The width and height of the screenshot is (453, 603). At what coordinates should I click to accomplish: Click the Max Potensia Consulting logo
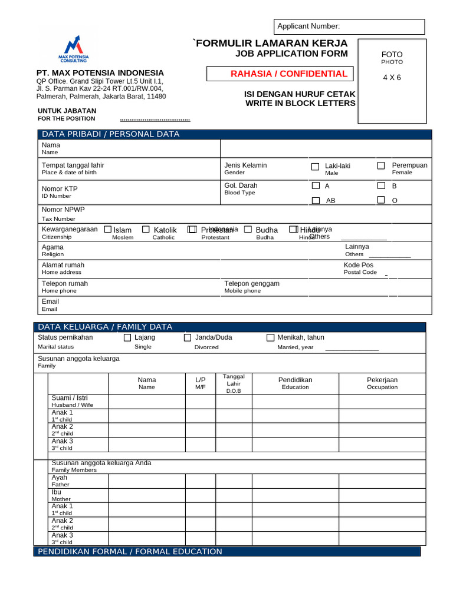73,49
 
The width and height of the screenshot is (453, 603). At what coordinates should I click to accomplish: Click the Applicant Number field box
349,26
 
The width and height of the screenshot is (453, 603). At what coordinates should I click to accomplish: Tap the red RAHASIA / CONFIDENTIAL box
280,74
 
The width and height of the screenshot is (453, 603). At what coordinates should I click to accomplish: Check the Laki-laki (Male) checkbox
316,167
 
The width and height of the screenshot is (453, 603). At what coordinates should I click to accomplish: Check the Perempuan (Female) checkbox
382,166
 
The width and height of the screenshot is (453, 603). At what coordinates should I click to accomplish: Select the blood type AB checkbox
316,200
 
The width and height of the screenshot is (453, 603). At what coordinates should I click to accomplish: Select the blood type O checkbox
382,200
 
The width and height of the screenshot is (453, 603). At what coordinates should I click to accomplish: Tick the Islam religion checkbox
108,229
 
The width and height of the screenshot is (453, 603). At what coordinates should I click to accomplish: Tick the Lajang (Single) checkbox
127,338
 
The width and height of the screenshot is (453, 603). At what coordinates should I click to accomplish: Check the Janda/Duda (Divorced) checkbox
188,338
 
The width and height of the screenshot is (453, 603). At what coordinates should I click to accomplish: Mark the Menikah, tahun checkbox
270,338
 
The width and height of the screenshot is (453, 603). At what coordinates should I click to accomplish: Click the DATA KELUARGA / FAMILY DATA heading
106,327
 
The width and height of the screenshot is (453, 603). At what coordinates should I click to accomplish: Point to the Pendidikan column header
295,383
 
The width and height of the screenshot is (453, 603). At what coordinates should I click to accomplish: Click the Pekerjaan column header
382,383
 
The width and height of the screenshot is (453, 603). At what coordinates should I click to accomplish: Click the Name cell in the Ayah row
147,481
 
